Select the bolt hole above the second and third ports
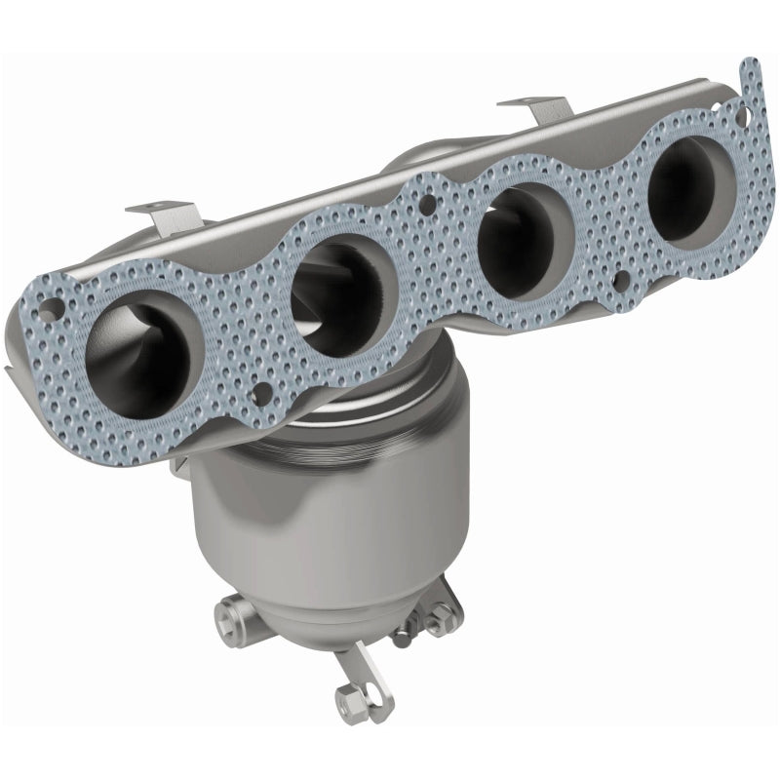click(x=425, y=206)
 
